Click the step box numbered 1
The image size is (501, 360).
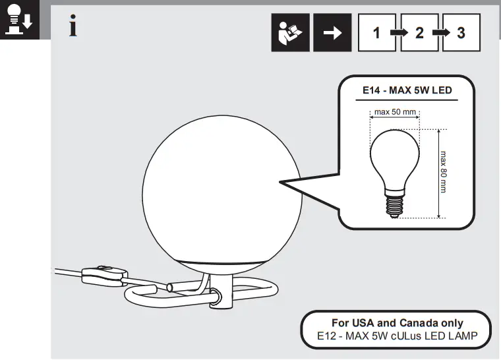click(x=376, y=32)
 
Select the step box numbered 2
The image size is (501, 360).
click(x=419, y=32)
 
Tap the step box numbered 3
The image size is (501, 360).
click(x=461, y=32)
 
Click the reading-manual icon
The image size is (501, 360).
click(x=290, y=32)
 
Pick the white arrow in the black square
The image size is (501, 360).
click(x=332, y=32)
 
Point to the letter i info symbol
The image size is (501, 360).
click(x=74, y=27)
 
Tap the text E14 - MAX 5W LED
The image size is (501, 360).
click(x=407, y=90)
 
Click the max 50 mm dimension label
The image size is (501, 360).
click(x=395, y=112)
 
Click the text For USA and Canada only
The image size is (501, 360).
click(x=397, y=323)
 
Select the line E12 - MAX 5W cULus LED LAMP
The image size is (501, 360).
click(x=397, y=336)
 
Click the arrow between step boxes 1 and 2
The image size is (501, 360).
click(x=398, y=32)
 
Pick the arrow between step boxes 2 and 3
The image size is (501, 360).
click(x=440, y=32)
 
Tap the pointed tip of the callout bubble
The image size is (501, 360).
click(x=280, y=181)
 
